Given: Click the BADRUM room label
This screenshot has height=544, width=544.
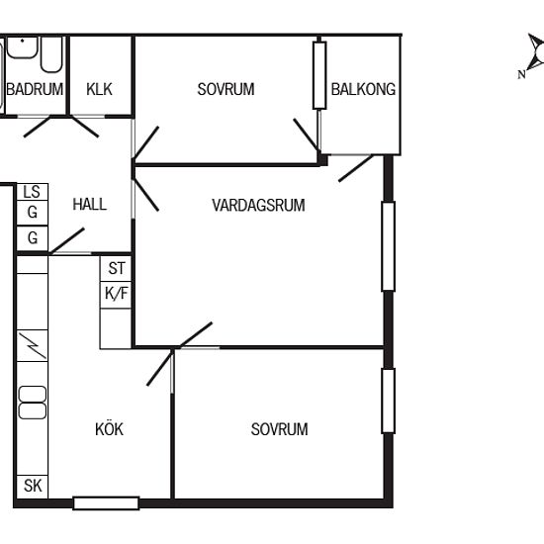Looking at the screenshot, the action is [35, 89].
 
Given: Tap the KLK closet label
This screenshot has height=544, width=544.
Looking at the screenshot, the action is [99, 89].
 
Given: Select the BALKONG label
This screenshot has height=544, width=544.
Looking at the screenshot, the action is [363, 89].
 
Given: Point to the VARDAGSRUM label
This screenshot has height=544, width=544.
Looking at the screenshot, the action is [258, 205].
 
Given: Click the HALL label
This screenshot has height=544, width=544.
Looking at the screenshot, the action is [89, 204].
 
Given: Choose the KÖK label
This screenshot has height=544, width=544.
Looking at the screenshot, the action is [109, 429].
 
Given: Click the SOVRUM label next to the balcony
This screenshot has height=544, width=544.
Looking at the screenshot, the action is [226, 89].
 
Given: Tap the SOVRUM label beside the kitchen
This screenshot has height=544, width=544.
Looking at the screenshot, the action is [279, 429].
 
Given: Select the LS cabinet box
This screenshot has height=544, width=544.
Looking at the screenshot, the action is [33, 192].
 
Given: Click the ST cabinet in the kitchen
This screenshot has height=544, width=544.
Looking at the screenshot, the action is [116, 268].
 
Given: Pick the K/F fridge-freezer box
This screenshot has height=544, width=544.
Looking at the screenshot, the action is [116, 295].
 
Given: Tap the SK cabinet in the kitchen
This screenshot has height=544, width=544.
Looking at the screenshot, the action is [33, 486].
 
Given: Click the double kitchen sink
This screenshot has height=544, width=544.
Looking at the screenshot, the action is [33, 403].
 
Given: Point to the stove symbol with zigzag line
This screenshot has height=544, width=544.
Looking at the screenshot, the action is [33, 345].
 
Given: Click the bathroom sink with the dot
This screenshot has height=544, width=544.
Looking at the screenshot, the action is [22, 46].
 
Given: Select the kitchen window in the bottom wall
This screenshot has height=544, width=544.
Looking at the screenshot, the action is [106, 503].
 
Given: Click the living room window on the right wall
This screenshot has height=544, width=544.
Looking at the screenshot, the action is [389, 246].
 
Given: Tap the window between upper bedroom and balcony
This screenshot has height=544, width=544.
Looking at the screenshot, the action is [319, 75].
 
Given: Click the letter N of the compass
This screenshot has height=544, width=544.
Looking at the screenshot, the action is [521, 74].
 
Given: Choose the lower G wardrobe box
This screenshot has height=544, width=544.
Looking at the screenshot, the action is [33, 238].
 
